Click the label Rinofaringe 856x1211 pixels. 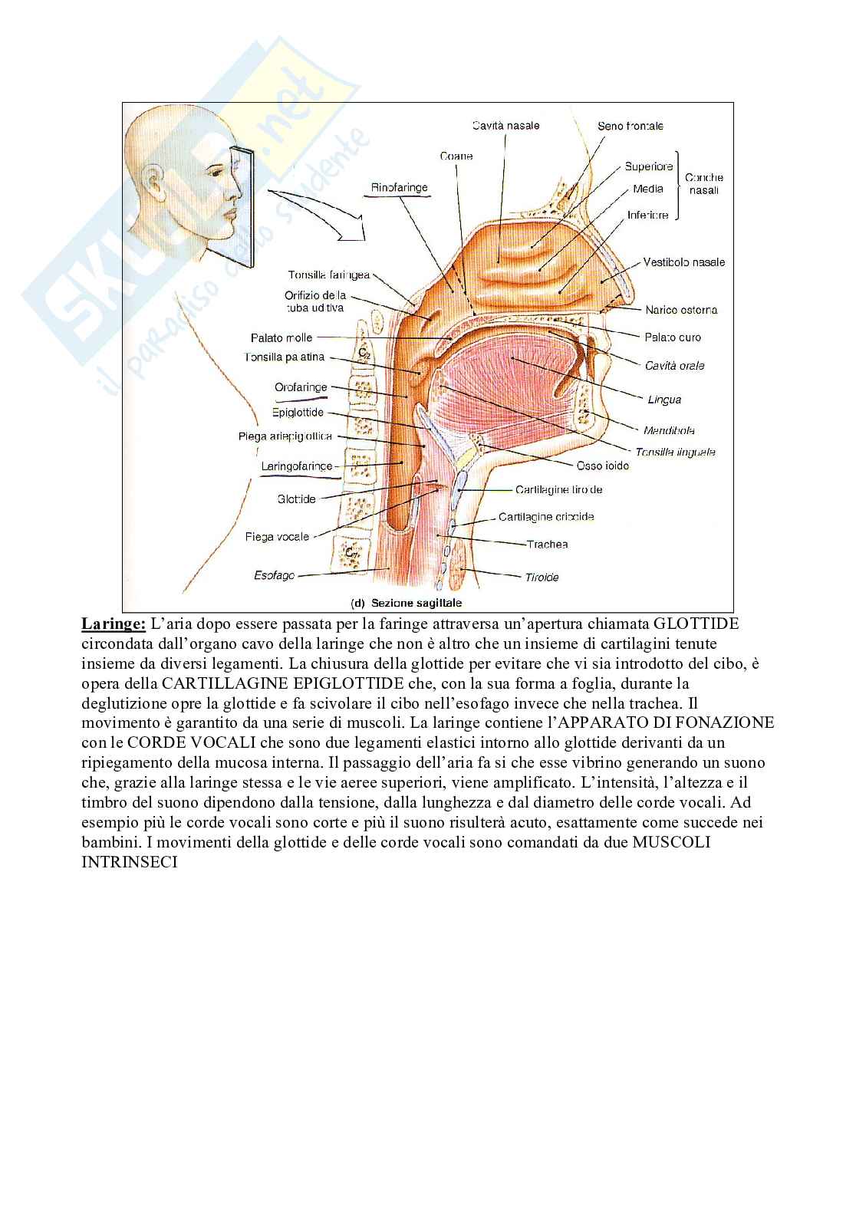point(399,188)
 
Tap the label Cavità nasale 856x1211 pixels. point(505,126)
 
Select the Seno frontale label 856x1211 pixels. point(630,126)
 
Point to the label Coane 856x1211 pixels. point(456,156)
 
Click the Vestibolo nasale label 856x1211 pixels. point(683,262)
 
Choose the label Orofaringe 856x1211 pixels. point(301,388)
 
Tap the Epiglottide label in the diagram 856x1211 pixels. point(298,413)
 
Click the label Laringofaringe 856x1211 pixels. point(297,466)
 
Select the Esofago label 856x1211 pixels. point(274,575)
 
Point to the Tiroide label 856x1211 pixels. point(542,578)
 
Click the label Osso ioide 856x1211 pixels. point(603,466)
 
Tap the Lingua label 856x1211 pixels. point(664,400)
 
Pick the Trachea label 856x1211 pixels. point(547,545)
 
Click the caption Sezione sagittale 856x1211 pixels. point(416,603)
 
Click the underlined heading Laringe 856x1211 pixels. point(114,624)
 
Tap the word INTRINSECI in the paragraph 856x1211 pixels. point(130,862)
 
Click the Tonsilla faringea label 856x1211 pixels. point(329,275)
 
